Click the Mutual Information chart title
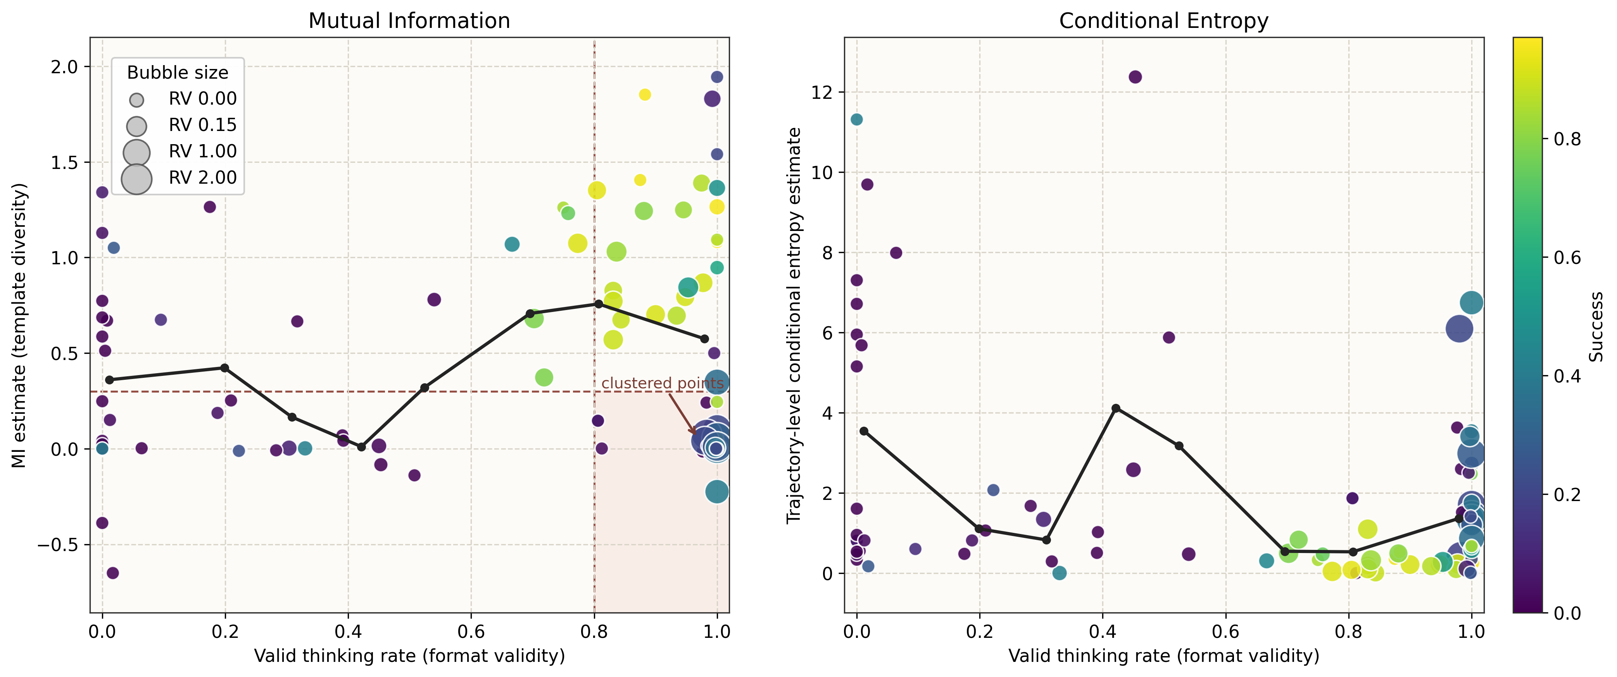pyautogui.click(x=409, y=21)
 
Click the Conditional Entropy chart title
pyautogui.click(x=1163, y=21)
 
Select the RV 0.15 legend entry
pyautogui.click(x=202, y=125)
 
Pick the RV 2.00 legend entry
pyautogui.click(x=202, y=177)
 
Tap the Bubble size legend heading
pyautogui.click(x=178, y=73)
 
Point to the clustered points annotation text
pyautogui.click(x=662, y=383)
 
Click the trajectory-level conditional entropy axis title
pyautogui.click(x=794, y=325)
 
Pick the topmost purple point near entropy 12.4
pyautogui.click(x=1135, y=77)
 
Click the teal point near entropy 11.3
pyautogui.click(x=856, y=119)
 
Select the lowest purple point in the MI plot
pyautogui.click(x=112, y=573)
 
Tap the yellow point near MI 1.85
pyautogui.click(x=645, y=95)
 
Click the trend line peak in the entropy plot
pyautogui.click(x=1115, y=408)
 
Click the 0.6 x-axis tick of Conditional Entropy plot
pyautogui.click(x=1225, y=632)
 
